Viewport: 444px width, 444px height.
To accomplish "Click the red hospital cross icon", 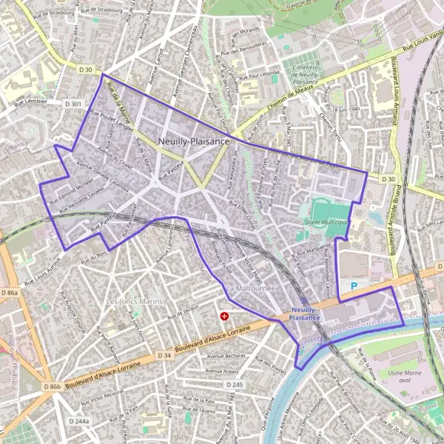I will pyautogui.click(x=224, y=316).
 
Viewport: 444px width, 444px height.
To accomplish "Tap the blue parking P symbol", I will pyautogui.click(x=354, y=285).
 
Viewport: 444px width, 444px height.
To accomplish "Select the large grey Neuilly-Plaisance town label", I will pyautogui.click(x=193, y=141).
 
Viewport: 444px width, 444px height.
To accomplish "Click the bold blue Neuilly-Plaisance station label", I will pyautogui.click(x=306, y=313).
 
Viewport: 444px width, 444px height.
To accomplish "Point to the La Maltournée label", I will pyautogui.click(x=252, y=289).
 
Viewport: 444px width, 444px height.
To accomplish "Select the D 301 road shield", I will pyautogui.click(x=73, y=104).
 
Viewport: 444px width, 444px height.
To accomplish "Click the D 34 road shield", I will pyautogui.click(x=166, y=356).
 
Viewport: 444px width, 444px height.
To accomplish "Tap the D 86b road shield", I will pyautogui.click(x=52, y=387).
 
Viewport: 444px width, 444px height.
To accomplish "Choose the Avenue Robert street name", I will pyautogui.click(x=223, y=370).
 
